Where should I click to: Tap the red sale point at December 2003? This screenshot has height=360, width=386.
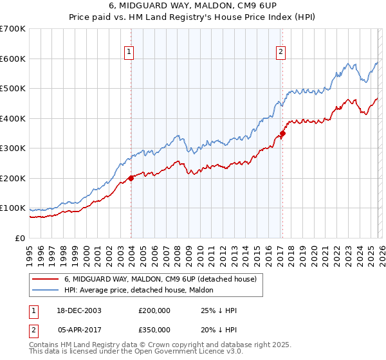[x=131, y=178]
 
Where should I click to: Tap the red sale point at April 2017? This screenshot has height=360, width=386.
[x=282, y=134]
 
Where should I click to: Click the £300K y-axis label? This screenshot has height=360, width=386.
[x=14, y=148]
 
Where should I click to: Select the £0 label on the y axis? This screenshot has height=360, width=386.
[x=20, y=239]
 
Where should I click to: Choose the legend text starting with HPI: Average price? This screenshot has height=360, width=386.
[x=136, y=290]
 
